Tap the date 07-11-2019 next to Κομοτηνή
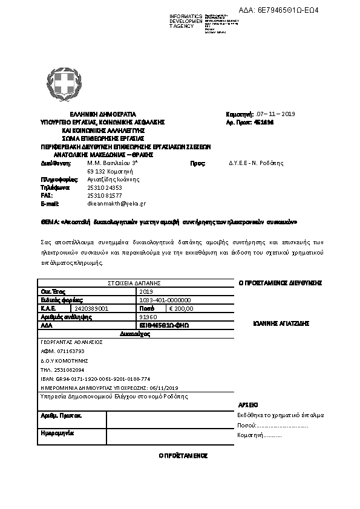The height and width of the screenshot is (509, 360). (x=276, y=114)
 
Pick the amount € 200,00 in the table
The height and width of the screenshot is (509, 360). (x=181, y=308)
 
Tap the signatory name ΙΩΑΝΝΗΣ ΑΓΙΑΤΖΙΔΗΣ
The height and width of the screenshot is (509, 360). (x=281, y=323)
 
